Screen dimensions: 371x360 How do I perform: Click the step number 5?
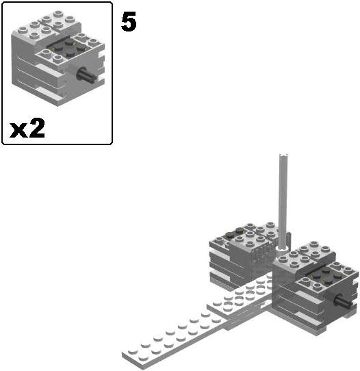129,22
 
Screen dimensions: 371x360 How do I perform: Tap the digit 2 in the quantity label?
37,127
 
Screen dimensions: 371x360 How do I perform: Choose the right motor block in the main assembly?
315,291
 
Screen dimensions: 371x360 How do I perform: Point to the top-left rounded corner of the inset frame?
6,6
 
